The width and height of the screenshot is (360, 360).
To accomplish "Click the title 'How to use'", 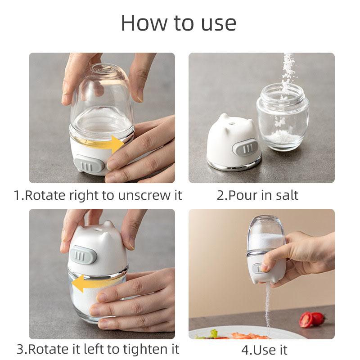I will coord(179,22).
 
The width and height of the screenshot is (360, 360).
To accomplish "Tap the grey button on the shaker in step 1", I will coord(87,165).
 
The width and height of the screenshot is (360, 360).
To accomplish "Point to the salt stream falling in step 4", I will coord(268,306).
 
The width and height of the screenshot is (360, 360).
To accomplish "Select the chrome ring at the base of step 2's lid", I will coord(234,166).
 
